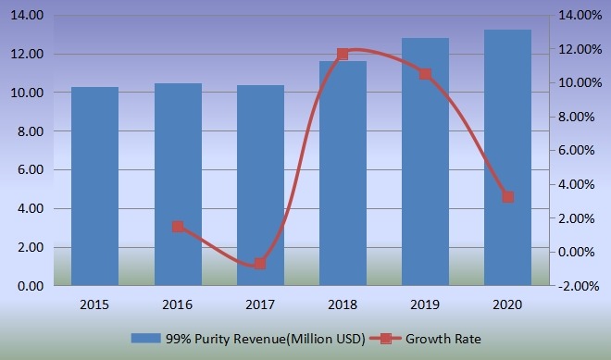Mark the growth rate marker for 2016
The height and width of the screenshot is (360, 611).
point(178,227)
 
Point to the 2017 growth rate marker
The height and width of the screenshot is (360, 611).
point(260,264)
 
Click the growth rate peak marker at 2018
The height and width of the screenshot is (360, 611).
point(343,54)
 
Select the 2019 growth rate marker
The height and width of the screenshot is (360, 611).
point(425,74)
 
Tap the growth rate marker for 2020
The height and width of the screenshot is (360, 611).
point(507,197)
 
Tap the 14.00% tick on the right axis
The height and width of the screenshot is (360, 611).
point(581,16)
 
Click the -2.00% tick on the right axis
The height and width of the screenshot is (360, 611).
point(581,286)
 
